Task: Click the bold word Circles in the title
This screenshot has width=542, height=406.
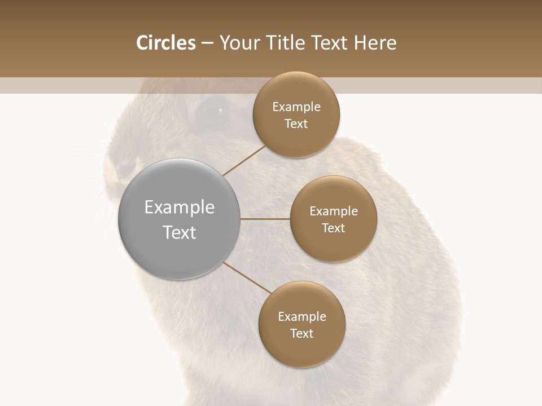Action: [x=165, y=43]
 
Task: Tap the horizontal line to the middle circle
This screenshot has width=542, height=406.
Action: [x=265, y=219]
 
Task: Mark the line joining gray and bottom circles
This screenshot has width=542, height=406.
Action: [x=246, y=277]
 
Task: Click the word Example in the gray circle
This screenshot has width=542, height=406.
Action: [x=179, y=208]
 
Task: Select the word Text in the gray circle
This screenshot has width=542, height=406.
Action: [x=179, y=232]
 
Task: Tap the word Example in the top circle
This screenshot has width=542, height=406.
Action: [x=296, y=107]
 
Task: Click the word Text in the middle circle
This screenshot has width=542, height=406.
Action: [x=333, y=228]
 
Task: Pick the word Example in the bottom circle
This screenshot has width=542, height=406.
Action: [x=301, y=317]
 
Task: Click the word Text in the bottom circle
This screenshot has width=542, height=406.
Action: [x=301, y=334]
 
